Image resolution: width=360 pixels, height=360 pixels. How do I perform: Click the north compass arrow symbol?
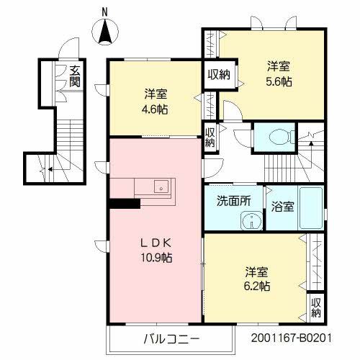click(x=105, y=32)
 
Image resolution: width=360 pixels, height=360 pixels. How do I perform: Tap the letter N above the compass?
click(x=105, y=11)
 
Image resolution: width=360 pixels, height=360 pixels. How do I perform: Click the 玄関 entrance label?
click(x=75, y=76)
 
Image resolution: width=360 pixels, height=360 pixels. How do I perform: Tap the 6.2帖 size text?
click(x=256, y=286)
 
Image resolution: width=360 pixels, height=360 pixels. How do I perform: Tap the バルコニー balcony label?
click(x=170, y=338)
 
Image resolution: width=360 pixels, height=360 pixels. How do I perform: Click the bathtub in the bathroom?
click(x=311, y=208)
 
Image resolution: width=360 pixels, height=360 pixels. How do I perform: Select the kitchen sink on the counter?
click(x=162, y=186)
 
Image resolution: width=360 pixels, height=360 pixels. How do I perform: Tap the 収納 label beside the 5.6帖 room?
click(x=219, y=75)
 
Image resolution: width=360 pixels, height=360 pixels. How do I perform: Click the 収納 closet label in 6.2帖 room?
click(x=317, y=307)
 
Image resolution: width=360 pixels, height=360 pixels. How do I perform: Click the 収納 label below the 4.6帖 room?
click(x=210, y=137)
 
